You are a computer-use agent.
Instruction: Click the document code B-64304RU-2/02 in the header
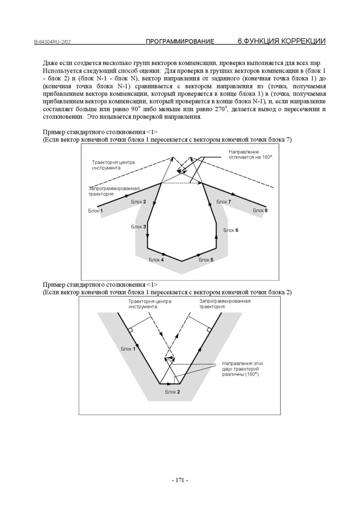(52, 42)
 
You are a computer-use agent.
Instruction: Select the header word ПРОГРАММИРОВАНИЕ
(180, 42)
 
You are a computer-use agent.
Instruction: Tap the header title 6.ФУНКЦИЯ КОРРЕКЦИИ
(281, 41)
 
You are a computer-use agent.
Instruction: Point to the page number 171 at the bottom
(180, 480)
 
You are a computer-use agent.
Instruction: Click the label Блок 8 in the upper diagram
(260, 211)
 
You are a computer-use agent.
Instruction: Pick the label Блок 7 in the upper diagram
(224, 202)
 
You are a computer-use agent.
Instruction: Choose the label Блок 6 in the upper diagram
(231, 230)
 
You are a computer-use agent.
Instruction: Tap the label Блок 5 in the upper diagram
(206, 260)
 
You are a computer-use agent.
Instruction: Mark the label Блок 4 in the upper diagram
(156, 260)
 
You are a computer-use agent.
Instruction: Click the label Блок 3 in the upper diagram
(139, 227)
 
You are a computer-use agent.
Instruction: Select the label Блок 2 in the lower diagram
(173, 392)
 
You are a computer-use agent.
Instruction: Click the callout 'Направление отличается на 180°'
(251, 154)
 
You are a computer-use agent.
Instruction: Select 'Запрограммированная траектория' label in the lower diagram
(225, 304)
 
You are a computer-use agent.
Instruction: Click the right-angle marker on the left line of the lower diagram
(130, 330)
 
